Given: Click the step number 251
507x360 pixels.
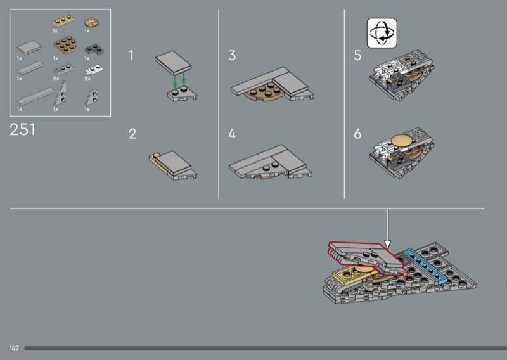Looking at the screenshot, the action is click(22, 130).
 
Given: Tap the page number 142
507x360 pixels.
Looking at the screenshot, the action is click(14, 348).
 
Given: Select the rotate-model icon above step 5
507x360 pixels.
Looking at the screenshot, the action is click(382, 33).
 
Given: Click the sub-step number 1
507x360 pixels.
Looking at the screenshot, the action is click(131, 55).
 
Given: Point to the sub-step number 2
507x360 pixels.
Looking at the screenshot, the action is click(132, 134).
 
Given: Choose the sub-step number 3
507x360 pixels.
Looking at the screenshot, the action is click(232, 55).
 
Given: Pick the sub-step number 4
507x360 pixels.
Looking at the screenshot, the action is click(232, 134).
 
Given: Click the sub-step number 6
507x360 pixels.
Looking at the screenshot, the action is click(357, 134).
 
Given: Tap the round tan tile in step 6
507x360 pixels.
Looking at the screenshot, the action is click(402, 140).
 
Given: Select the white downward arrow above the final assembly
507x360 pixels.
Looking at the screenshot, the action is click(387, 229).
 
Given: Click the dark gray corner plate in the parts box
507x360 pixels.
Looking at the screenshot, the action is click(94, 49).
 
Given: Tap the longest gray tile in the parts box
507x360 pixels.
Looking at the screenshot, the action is click(35, 96).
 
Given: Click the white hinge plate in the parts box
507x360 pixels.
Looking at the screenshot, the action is click(94, 70).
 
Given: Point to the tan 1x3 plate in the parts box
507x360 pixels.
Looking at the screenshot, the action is click(63, 21).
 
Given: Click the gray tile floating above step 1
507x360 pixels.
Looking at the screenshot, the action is click(173, 63).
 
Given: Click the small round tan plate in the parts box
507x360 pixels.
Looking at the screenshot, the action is click(91, 23).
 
